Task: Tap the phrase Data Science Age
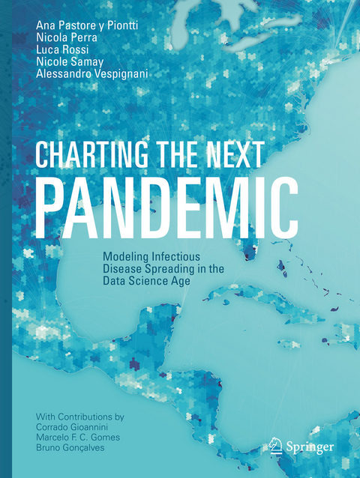[x=149, y=282]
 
